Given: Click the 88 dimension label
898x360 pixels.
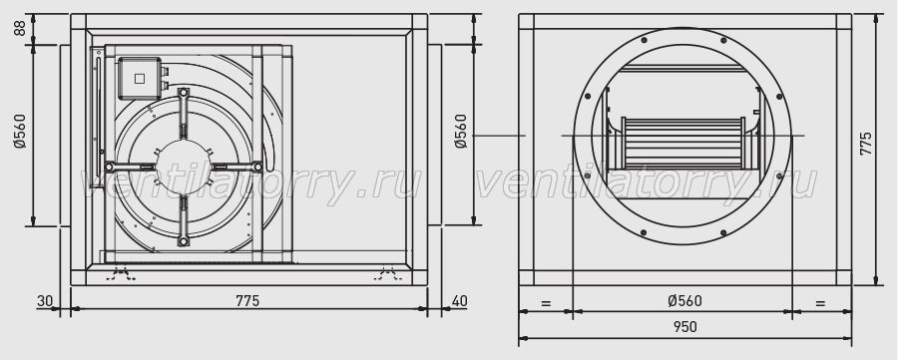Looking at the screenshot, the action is [x=21, y=28].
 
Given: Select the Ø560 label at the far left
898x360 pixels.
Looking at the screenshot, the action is [x=21, y=131].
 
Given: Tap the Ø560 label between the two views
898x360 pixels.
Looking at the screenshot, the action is [x=461, y=131].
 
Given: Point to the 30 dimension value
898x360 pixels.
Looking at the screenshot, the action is [x=45, y=301].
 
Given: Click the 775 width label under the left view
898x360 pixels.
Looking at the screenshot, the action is [x=247, y=301].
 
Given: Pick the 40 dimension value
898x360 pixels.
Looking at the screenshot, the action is [x=459, y=301].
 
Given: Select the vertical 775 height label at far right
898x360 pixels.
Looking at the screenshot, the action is [x=866, y=144].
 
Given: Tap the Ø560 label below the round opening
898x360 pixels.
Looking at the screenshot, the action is [x=684, y=301].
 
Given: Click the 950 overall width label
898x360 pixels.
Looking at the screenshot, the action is [x=684, y=327].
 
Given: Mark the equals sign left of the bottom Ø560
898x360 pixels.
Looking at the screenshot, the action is [x=546, y=304].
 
